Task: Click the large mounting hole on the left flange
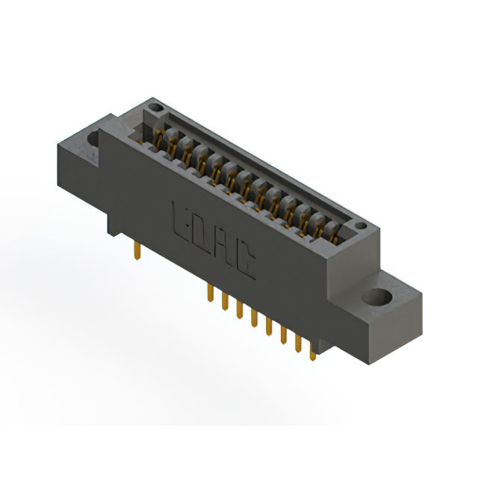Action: tap(95, 138)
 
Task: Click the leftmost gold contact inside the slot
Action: tap(159, 138)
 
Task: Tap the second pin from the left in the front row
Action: tap(224, 302)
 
